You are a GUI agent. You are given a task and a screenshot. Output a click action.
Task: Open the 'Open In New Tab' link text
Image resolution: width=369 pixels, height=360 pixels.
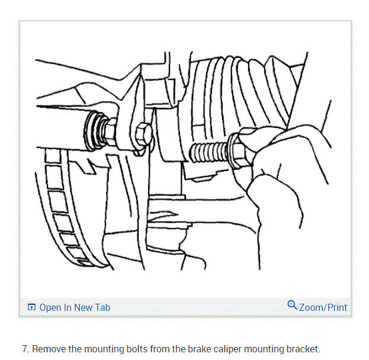pos(75,307)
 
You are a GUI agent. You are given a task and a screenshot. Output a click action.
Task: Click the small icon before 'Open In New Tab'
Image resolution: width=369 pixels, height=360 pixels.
pos(32,307)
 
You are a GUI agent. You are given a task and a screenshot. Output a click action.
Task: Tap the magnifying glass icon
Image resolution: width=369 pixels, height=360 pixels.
pos(291,306)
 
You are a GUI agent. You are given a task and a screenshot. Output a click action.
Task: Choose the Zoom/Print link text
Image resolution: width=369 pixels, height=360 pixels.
pos(323,307)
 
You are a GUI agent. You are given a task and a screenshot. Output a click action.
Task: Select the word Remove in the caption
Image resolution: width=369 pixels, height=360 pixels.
pos(48,349)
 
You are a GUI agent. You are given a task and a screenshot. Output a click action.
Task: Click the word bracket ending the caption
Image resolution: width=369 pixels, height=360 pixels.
pos(302,349)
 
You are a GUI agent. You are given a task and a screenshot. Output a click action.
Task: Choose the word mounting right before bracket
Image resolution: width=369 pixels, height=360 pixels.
pos(265,349)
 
